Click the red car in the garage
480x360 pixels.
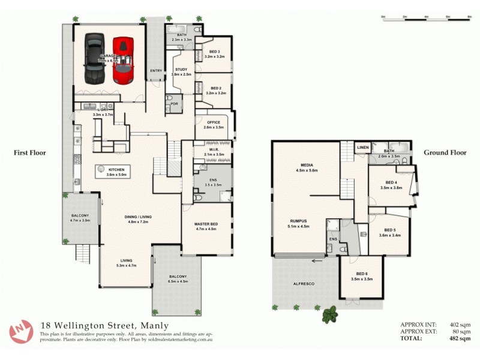click(123, 60)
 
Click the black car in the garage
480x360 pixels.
click(94, 59)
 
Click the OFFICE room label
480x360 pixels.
click(213, 122)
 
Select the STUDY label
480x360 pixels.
click(181, 70)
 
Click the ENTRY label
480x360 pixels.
click(156, 70)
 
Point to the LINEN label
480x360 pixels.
click(362, 147)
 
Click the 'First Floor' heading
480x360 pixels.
click(29, 153)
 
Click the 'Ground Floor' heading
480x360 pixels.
click(445, 153)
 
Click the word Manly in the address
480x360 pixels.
click(153, 326)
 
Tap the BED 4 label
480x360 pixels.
click(391, 182)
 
